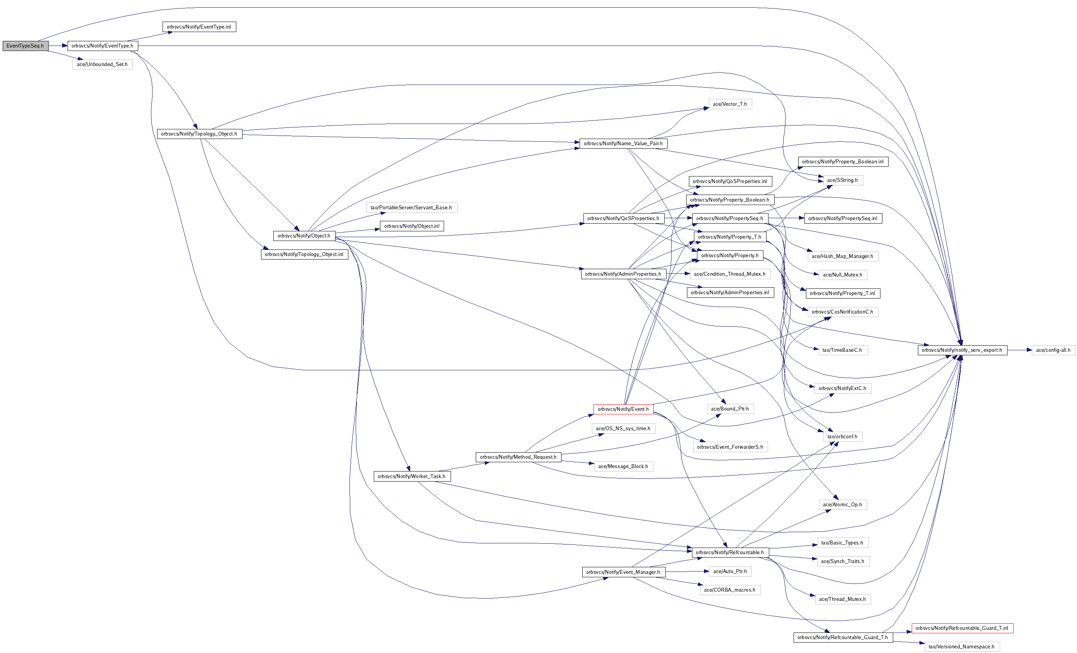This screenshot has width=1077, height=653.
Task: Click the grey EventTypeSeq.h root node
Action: click(x=25, y=46)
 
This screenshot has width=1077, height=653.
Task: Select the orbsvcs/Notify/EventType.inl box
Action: click(x=199, y=27)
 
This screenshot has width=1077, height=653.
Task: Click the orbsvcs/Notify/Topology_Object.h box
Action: click(x=199, y=134)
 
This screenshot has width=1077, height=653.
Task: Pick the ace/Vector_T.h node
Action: click(x=729, y=104)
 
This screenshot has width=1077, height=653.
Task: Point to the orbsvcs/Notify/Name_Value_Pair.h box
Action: click(x=623, y=143)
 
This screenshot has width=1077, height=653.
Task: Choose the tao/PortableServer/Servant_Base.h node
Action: click(x=411, y=208)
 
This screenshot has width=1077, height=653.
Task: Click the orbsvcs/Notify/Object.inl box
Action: click(x=412, y=226)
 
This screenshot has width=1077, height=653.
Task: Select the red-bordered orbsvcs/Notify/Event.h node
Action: click(x=623, y=409)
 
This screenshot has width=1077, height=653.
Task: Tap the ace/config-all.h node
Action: click(x=1053, y=350)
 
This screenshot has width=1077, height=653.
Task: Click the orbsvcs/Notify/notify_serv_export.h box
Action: click(x=962, y=350)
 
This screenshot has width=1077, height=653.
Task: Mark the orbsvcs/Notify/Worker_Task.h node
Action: click(x=411, y=477)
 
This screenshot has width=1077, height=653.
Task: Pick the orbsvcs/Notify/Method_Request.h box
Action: click(x=518, y=457)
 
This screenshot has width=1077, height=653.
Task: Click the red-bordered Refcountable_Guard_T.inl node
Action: click(x=962, y=628)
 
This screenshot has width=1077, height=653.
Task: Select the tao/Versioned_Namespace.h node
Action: click(x=962, y=647)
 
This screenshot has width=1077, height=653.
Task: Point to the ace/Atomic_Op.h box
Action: click(x=842, y=504)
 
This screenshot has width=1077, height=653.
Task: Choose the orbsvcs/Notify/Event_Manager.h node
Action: click(x=623, y=572)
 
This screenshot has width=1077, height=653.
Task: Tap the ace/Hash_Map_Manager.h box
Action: click(x=842, y=256)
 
